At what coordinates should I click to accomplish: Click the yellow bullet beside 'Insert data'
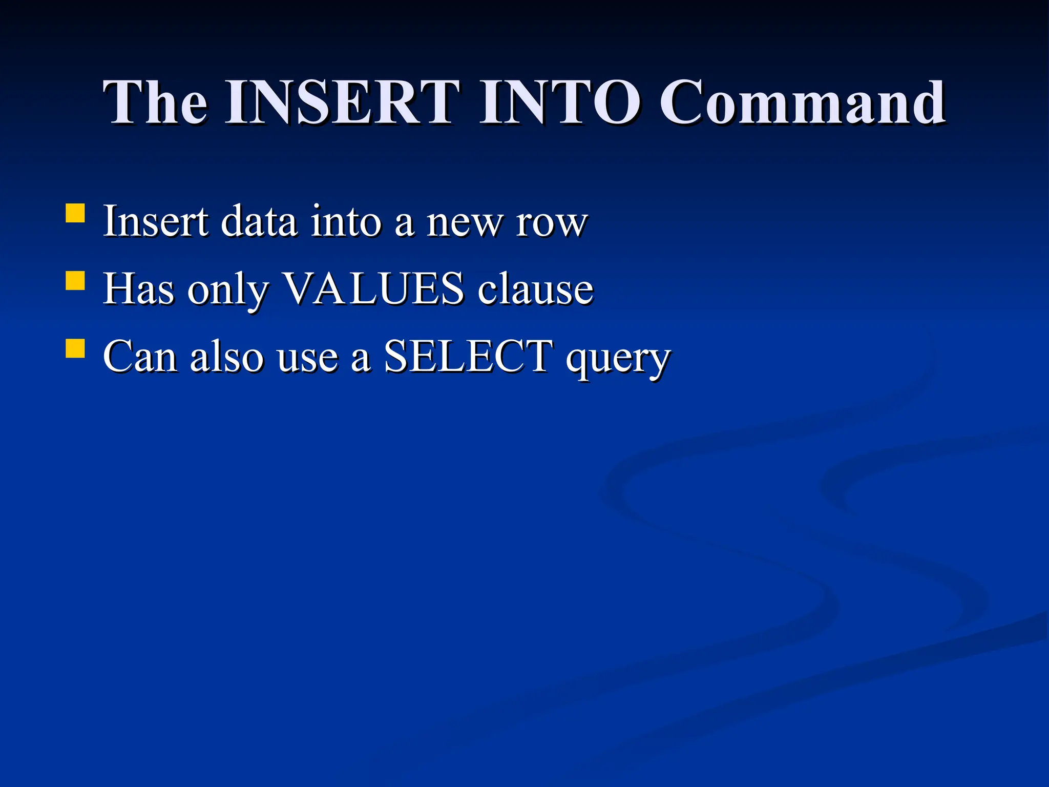[x=75, y=213]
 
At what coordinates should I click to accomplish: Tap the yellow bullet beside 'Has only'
[x=75, y=281]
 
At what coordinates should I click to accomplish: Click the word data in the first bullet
[x=259, y=221]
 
